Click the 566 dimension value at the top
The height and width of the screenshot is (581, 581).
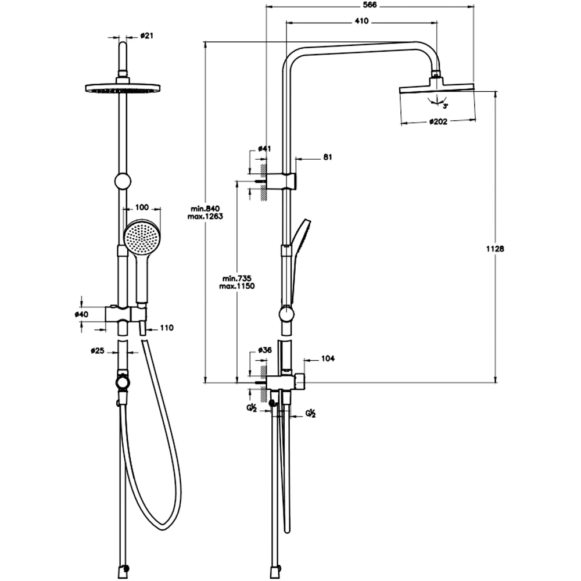pyautogui.click(x=370, y=5)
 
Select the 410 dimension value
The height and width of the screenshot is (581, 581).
pyautogui.click(x=361, y=21)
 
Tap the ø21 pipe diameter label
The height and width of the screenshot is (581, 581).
pyautogui.click(x=147, y=35)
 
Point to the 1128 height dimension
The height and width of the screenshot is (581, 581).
pyautogui.click(x=495, y=249)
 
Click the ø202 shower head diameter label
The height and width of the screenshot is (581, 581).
pyautogui.click(x=438, y=121)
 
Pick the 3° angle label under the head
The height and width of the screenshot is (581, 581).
pyautogui.click(x=446, y=106)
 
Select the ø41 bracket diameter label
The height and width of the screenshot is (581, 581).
pyautogui.click(x=264, y=149)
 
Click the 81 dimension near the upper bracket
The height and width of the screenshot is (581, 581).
pyautogui.click(x=328, y=157)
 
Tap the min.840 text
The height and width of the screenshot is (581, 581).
pyautogui.click(x=205, y=209)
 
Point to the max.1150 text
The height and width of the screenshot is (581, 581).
pyautogui.click(x=237, y=286)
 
